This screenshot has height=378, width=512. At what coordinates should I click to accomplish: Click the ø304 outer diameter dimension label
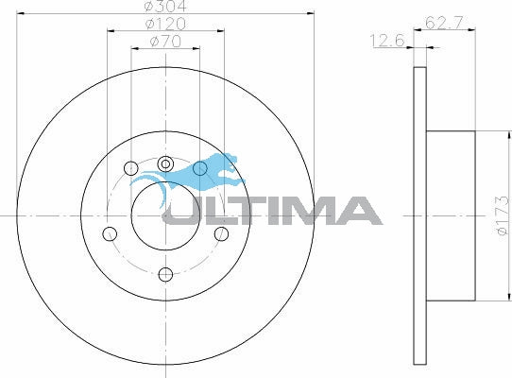pos(165,6)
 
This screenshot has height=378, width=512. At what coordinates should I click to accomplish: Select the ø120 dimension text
pos(165,24)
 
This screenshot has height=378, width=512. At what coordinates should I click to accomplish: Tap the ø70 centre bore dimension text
pos(165,42)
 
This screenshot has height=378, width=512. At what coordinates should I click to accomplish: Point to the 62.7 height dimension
pos(444,23)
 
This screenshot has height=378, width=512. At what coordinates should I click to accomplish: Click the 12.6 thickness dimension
pos(387,41)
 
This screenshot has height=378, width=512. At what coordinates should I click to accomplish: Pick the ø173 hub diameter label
pos(503,215)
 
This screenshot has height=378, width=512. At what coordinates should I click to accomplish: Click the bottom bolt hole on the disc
pos(165,274)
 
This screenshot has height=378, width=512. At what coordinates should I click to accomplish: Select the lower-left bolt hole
pos(110,233)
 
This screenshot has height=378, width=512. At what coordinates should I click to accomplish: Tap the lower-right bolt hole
pos(221,233)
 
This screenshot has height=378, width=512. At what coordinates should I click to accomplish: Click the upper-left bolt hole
pos(131,168)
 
